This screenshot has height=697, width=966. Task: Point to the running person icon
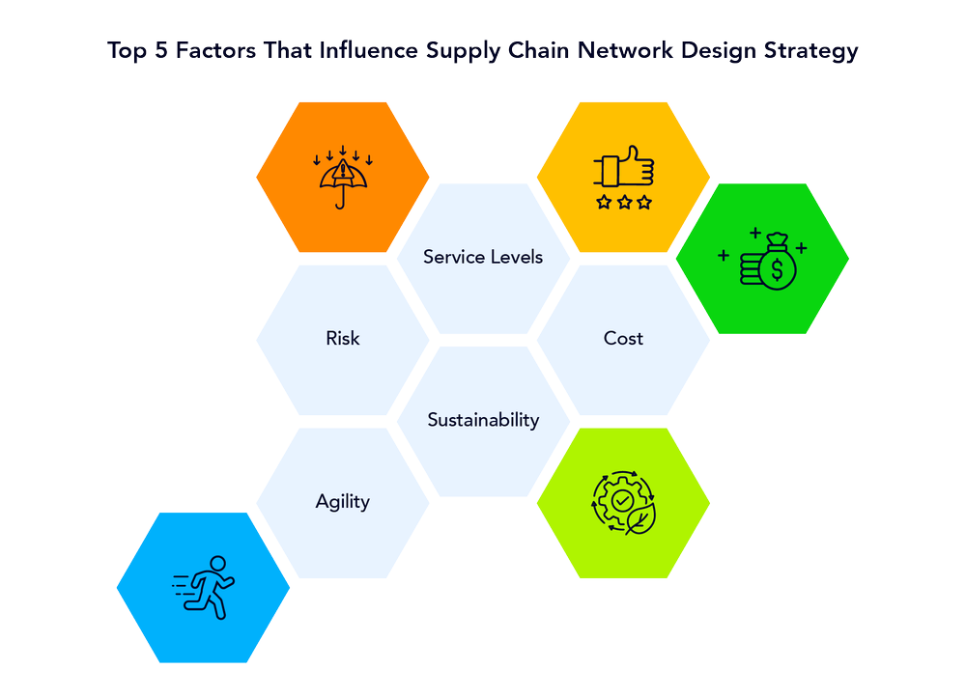coord(207,587)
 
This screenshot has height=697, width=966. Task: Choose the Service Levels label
coord(483,257)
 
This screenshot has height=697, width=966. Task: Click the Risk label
coord(343,339)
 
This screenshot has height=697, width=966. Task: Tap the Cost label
coord(623,339)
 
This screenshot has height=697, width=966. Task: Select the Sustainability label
coord(483,420)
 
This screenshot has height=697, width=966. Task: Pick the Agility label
coord(343,502)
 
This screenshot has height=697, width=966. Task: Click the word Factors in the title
coord(218,52)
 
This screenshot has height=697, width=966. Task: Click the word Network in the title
coord(623,52)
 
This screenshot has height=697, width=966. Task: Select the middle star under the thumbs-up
coord(624,203)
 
